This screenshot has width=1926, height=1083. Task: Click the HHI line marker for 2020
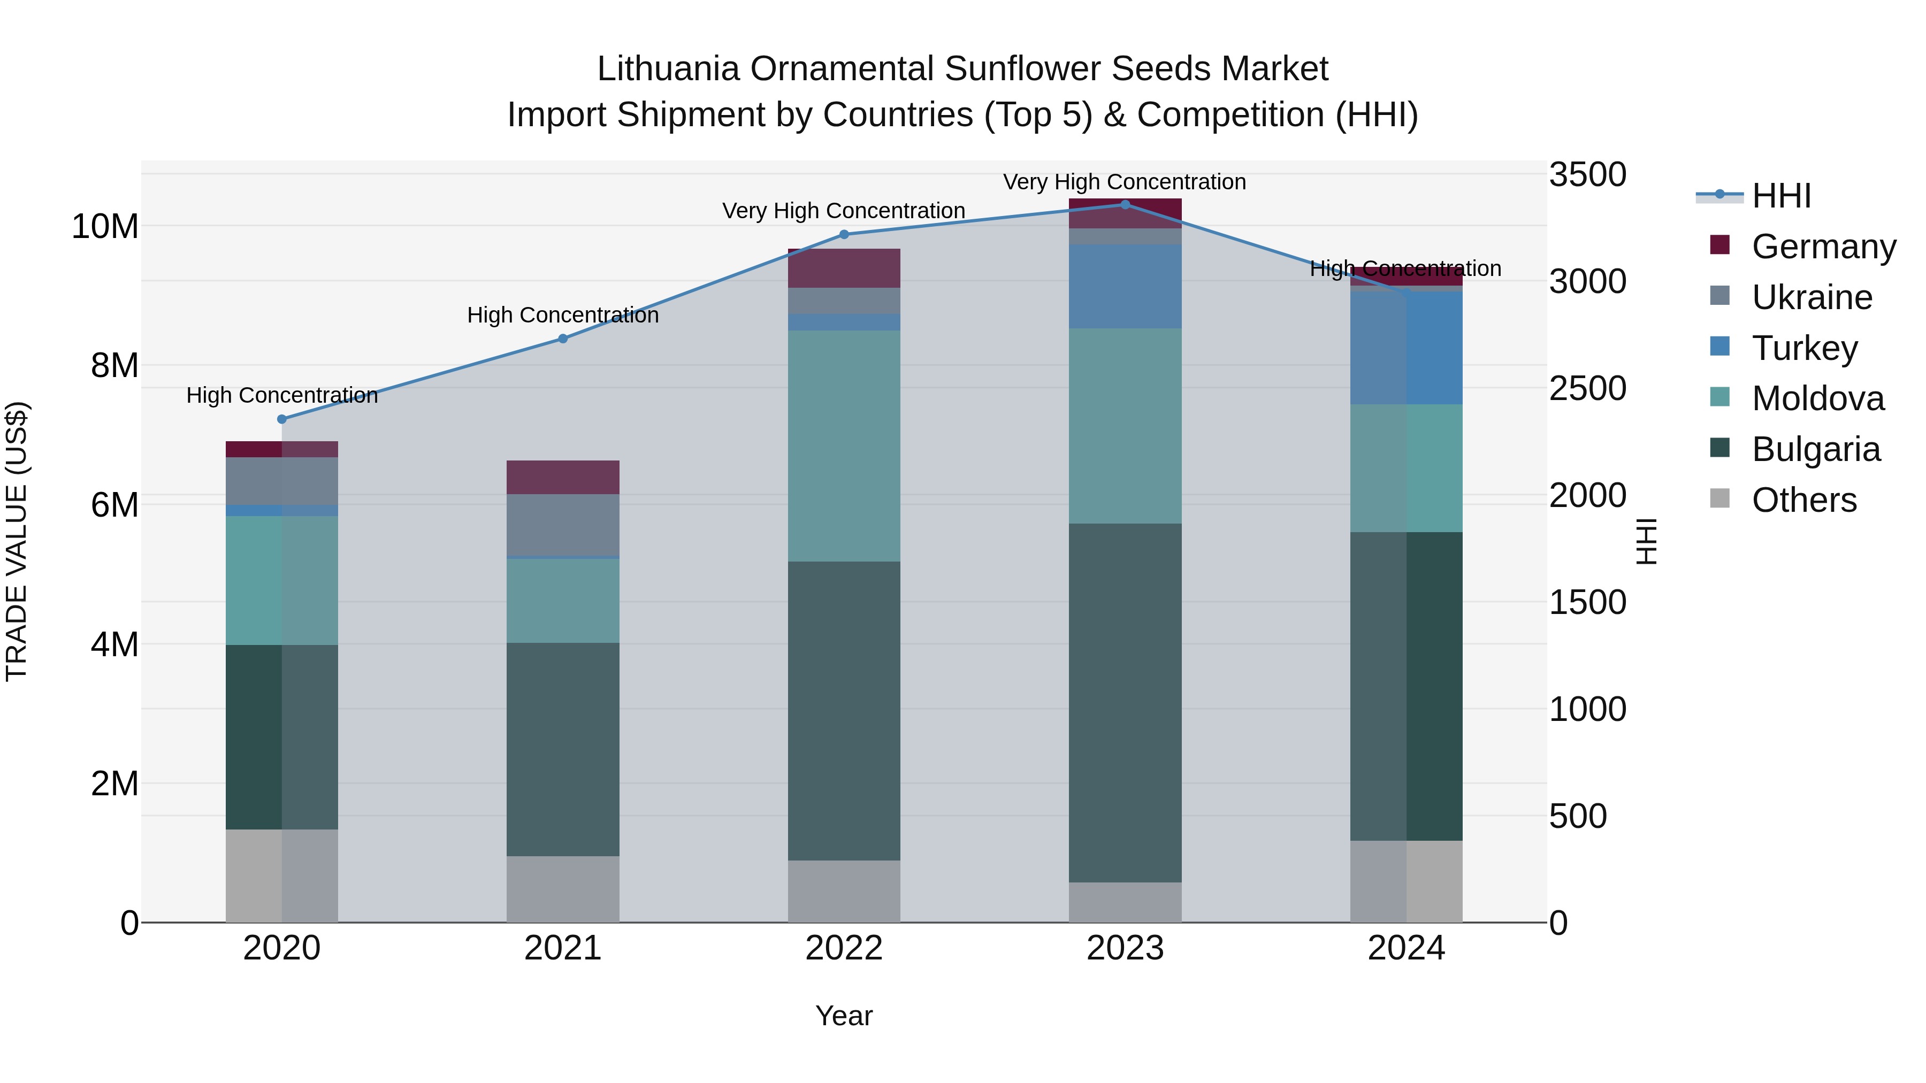[282, 419]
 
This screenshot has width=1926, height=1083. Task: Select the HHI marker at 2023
[1125, 205]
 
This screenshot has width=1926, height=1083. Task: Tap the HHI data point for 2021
[563, 339]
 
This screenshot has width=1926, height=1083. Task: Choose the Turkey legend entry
[1804, 348]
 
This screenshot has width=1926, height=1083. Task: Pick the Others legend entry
[1803, 500]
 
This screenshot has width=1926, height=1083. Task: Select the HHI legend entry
[1781, 196]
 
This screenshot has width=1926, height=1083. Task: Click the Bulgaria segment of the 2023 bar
[1125, 703]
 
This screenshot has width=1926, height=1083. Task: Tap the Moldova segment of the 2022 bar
[844, 446]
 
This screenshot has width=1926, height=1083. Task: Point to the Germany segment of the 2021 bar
[563, 477]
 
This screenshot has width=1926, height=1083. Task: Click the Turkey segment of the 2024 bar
[1407, 348]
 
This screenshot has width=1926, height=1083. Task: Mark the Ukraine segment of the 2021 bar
[563, 525]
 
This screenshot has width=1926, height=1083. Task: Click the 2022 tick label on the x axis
[844, 948]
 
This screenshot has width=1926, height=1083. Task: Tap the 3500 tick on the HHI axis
[1587, 175]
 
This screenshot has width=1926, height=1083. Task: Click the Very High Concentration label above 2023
[1125, 182]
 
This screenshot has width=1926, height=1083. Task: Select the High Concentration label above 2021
[563, 316]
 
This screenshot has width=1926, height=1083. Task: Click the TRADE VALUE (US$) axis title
[17, 541]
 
